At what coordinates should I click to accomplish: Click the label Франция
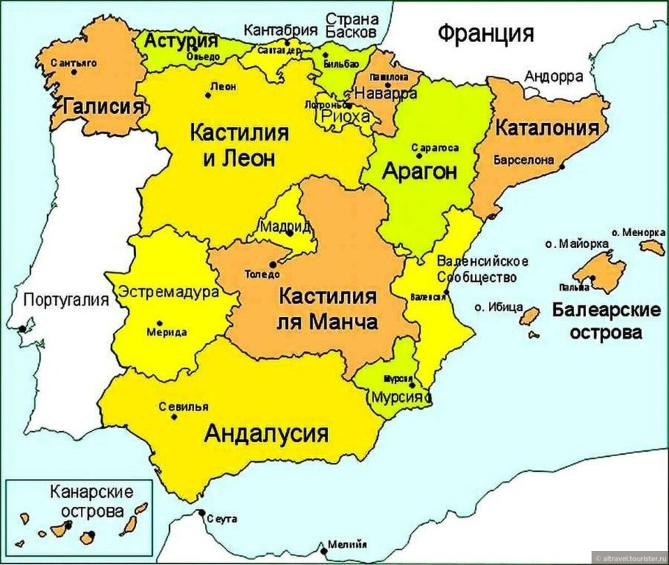point(485,33)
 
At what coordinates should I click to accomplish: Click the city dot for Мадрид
point(290,234)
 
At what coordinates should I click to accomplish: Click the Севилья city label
point(183,406)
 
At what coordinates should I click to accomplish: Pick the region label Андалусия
point(265,433)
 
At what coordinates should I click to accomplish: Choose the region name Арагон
point(419,172)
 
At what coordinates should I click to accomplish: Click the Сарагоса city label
point(435,147)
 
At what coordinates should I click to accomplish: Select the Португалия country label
point(66,299)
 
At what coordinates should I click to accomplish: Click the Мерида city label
point(167,332)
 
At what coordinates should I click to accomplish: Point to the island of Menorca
point(651,247)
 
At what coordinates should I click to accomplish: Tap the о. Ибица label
point(498,307)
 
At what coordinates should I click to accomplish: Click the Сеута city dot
point(201,512)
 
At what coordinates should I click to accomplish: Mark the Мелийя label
point(347,545)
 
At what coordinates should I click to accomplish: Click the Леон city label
point(223,86)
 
